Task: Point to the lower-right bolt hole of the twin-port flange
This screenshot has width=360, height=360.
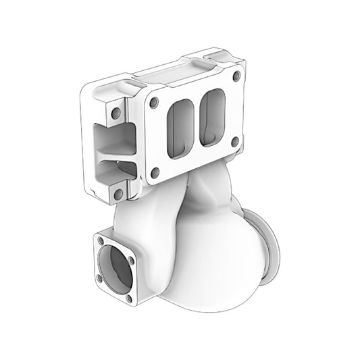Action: tap(234, 142)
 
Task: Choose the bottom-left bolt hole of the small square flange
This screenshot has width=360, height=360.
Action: tap(101, 278)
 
